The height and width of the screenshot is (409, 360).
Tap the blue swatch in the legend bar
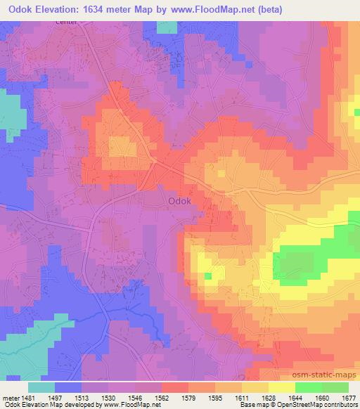67,387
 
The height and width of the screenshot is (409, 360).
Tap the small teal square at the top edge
167,27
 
